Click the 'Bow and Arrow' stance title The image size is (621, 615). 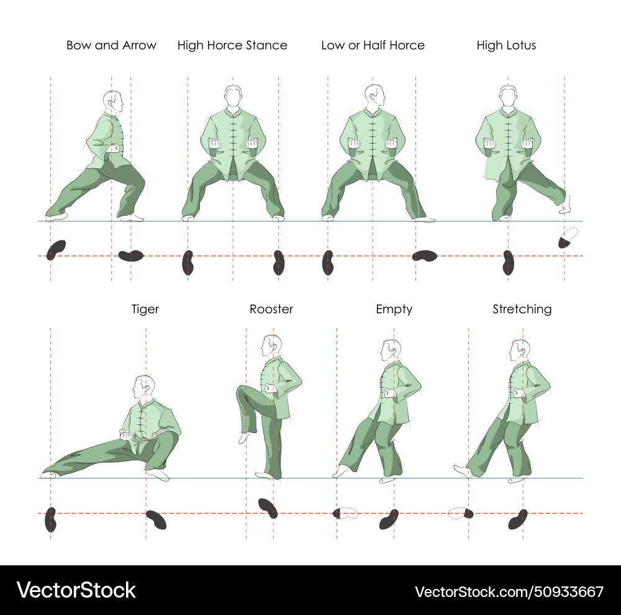[111, 45]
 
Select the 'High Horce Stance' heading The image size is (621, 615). [232, 45]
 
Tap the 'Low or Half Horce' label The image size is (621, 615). [373, 45]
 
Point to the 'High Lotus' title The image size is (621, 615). [506, 45]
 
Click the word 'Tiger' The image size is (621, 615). [145, 309]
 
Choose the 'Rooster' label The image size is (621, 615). [271, 309]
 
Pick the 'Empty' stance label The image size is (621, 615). [394, 309]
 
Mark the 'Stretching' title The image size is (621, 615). [522, 309]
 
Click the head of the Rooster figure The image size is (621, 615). [271, 345]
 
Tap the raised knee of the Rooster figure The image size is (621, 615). [243, 393]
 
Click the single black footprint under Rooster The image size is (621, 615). [268, 508]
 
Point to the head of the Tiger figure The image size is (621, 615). [145, 388]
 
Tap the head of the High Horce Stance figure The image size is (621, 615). [233, 96]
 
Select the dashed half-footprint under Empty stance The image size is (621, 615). [345, 513]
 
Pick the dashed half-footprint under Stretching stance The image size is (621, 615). [461, 513]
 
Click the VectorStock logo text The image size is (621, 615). [76, 590]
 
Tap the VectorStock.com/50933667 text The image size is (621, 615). [509, 591]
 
